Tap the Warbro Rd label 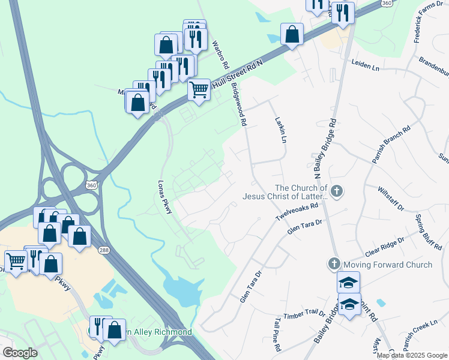click(x=220, y=54)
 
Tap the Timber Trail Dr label click(x=304, y=314)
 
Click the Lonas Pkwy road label click(x=164, y=197)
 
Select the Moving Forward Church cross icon click(x=334, y=264)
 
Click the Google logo click(x=20, y=353)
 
